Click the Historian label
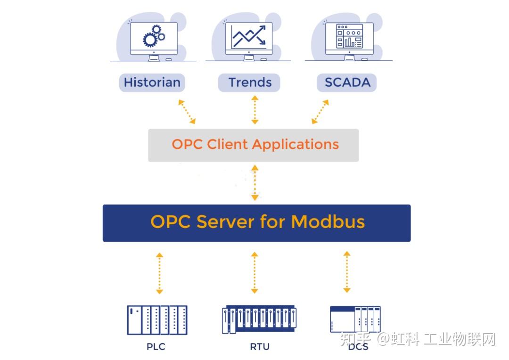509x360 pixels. point(152,82)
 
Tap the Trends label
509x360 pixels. point(250,82)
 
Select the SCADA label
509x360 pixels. point(347,82)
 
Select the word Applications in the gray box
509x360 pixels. point(296,144)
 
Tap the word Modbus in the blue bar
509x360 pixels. point(328,221)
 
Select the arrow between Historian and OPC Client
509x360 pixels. point(187,112)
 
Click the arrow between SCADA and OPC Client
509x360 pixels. point(320,112)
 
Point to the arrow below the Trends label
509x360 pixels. point(254,110)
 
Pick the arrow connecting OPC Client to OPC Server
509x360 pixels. point(254,183)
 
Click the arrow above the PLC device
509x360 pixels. point(159,273)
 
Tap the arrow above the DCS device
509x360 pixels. point(347,272)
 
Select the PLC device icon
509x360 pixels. point(157,320)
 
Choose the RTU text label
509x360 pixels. point(260,347)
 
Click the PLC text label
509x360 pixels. point(156,347)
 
